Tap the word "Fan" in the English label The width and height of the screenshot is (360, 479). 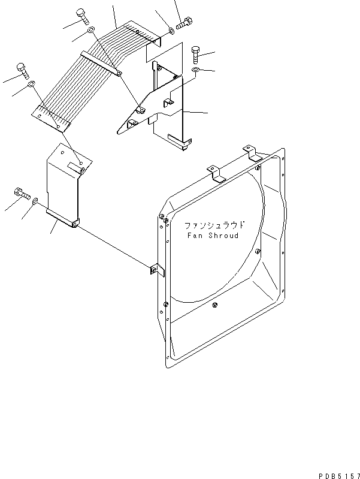[x=193, y=236]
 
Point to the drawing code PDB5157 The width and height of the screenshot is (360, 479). [x=335, y=473]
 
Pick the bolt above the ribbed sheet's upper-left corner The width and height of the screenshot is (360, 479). [x=81, y=15]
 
